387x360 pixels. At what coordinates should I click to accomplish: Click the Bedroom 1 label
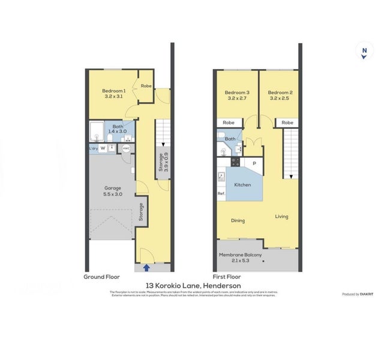[114, 91]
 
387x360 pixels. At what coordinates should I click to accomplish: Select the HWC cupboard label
[126, 148]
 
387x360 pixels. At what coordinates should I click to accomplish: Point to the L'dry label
[93, 148]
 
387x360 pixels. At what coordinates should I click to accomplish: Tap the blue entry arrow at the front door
[147, 268]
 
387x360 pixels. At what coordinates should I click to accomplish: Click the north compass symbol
[364, 52]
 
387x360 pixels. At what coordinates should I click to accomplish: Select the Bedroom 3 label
[237, 95]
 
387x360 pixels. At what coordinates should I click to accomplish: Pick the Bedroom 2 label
[280, 95]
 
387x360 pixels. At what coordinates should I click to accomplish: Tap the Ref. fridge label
[221, 193]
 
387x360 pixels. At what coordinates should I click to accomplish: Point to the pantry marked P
[254, 162]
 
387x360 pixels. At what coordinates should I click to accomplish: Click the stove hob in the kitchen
[236, 162]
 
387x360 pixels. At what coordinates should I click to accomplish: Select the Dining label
[238, 220]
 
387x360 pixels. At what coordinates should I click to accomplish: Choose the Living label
[281, 217]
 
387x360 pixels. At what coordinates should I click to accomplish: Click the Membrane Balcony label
[240, 257]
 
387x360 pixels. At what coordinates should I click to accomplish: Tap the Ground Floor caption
[101, 277]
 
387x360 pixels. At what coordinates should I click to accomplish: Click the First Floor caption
[226, 277]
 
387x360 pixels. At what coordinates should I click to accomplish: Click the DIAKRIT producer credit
[359, 294]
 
